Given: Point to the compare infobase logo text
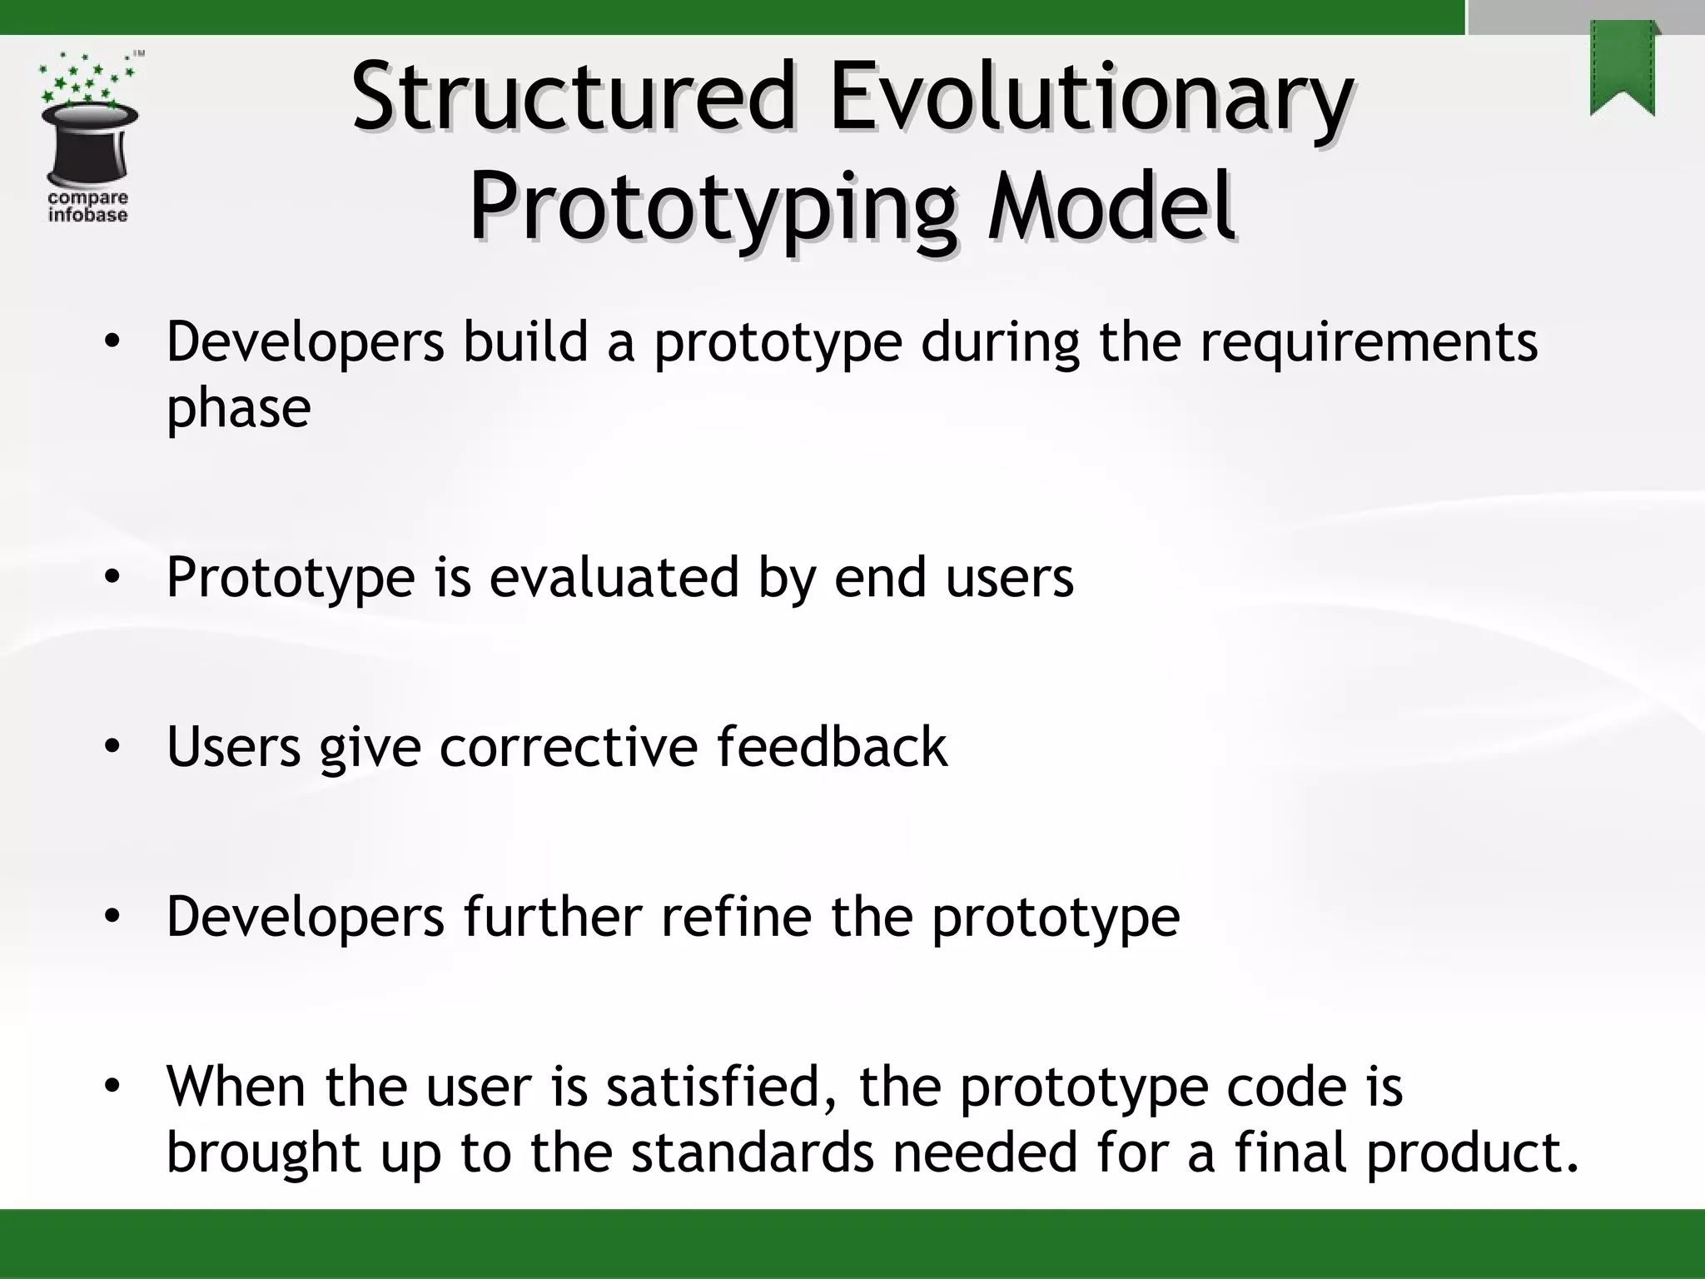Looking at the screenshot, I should [x=87, y=207].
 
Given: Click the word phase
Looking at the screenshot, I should [x=238, y=408].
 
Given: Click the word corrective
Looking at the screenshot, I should [x=569, y=746].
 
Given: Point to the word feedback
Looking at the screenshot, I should [x=832, y=746].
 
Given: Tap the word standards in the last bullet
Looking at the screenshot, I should [x=752, y=1153].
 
